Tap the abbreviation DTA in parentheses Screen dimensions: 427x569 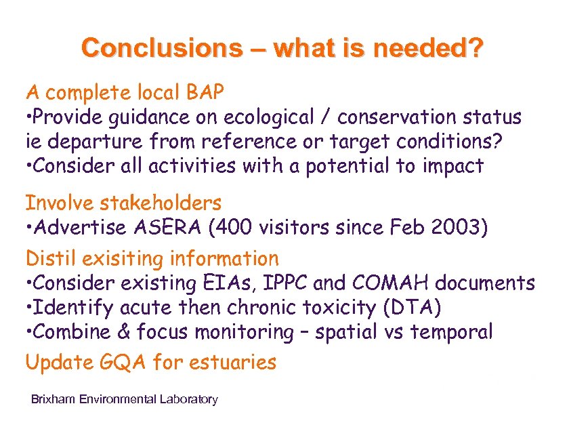411,308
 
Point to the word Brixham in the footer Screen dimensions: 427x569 54,399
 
